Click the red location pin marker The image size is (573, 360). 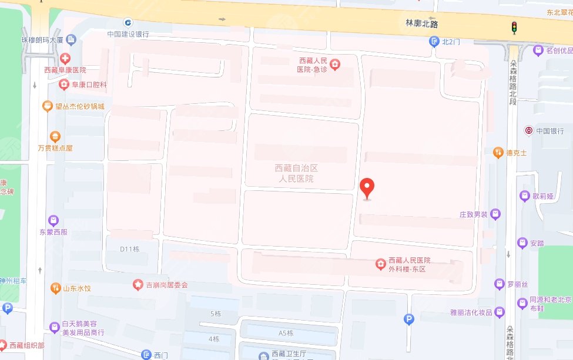(367, 188)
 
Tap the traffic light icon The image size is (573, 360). (514, 27)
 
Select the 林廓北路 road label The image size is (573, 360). (423, 23)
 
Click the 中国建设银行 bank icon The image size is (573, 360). (128, 22)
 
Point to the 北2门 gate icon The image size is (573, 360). (434, 42)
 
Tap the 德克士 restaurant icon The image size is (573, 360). (498, 152)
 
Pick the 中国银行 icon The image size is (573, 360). (528, 130)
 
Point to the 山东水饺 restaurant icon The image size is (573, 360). (55, 288)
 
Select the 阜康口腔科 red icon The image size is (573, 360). (64, 85)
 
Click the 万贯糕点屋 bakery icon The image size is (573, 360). (55, 137)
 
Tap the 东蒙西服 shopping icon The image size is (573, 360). (53, 220)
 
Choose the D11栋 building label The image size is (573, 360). (130, 248)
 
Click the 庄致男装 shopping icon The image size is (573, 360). (495, 214)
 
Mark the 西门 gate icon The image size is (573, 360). (146, 355)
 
